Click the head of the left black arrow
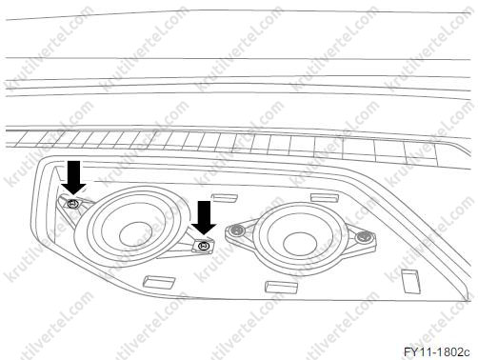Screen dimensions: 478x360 point(73,188)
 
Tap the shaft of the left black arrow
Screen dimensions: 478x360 point(73,171)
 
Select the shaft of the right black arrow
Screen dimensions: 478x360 point(204,212)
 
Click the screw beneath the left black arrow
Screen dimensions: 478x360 point(73,204)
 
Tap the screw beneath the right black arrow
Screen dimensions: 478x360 point(203,246)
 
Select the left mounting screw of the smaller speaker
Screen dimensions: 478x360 point(235,230)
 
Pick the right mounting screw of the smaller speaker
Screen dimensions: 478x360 point(363,236)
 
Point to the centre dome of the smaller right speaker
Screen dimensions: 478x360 point(299,245)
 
